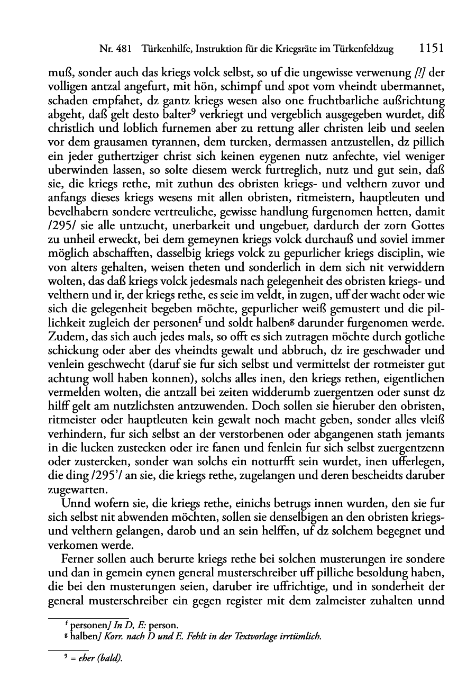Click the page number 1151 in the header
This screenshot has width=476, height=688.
(430, 49)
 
